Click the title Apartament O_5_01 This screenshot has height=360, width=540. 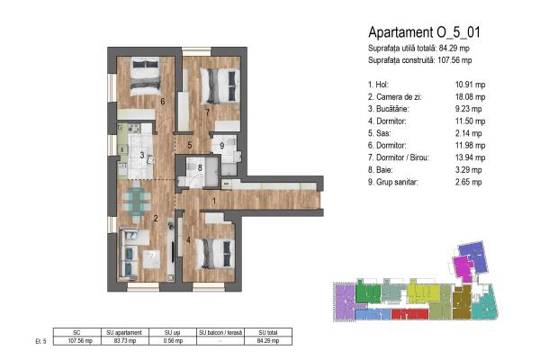coord(424,32)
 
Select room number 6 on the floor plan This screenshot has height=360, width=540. coord(163,102)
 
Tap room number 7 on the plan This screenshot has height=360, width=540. coord(207,112)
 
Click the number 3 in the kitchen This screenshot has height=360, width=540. coord(142,155)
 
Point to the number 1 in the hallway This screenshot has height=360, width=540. coord(214,201)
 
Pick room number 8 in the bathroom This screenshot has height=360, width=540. coord(200,167)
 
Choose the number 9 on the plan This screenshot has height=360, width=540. coord(221,146)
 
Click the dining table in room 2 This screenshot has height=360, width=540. coord(136,202)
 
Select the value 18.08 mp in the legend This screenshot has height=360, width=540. coord(470,97)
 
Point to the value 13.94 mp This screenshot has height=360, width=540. coord(470,157)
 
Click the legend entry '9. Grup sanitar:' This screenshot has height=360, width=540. coord(393,182)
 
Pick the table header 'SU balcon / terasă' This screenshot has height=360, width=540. coord(220,332)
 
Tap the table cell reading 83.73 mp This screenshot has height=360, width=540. coord(125,341)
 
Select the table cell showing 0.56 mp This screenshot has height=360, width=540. coord(173,341)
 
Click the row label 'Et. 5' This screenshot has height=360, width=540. coord(40,341)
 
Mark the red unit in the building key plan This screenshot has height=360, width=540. coord(409,314)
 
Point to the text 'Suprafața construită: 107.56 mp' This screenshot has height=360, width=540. coord(419,60)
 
